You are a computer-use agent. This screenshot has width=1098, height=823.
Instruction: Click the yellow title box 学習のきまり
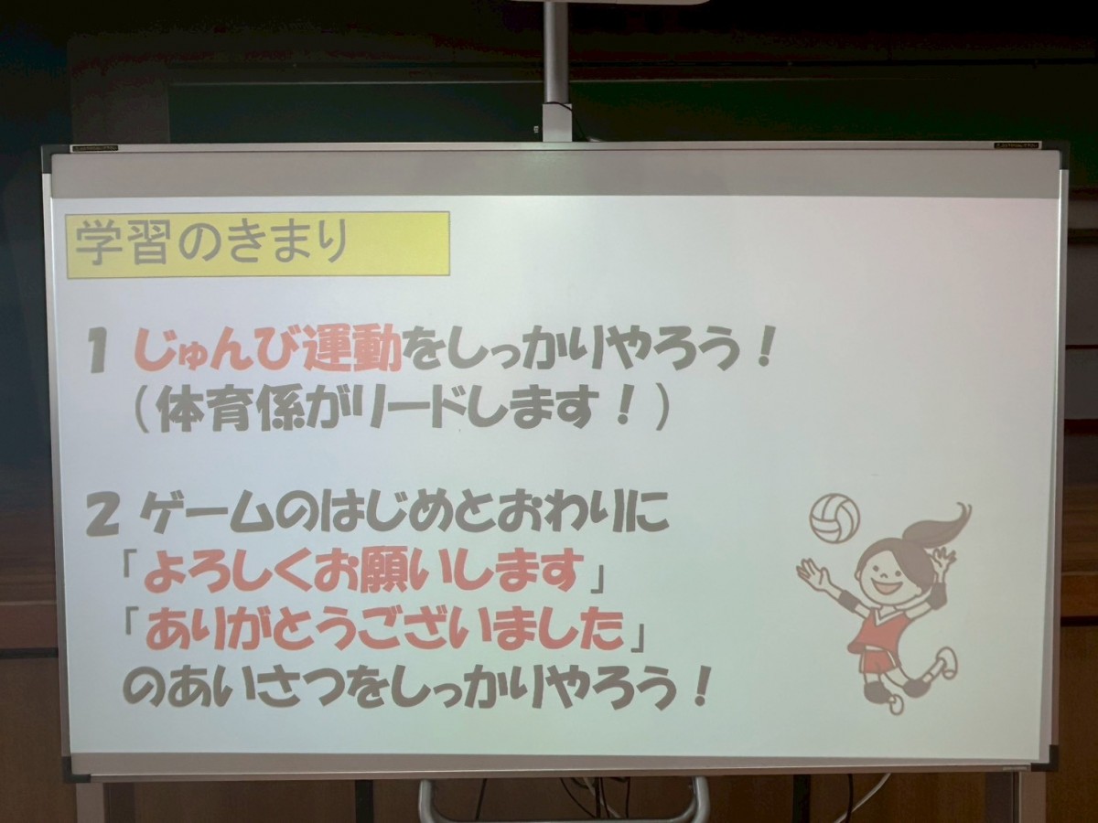click(x=258, y=244)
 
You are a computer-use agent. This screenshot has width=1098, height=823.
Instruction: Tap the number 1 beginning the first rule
click(x=98, y=356)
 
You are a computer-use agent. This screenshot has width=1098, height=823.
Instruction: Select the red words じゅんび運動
click(x=268, y=351)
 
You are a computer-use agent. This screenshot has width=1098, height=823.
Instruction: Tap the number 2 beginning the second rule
click(x=103, y=519)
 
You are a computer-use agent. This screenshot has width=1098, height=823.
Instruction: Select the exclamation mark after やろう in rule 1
click(x=762, y=350)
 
